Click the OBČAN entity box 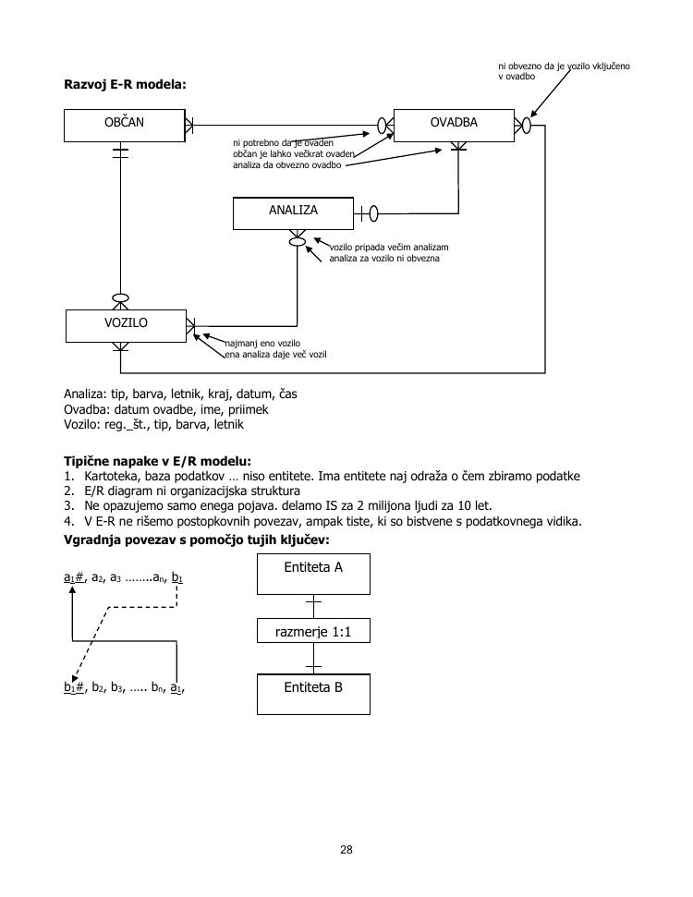125,125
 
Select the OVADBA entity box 454,125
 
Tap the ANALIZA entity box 293,212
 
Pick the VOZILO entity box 126,325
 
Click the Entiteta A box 313,573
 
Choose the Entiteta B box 313,693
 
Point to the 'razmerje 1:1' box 313,633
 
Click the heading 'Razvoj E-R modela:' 125,84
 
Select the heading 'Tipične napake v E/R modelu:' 157,461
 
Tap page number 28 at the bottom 346,850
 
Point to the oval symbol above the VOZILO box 120,298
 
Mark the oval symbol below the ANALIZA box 297,241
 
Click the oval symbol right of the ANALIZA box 373,214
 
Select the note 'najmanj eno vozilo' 257,344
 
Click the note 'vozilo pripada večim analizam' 389,248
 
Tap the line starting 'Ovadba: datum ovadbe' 165,409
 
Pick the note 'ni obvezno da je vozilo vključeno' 564,67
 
